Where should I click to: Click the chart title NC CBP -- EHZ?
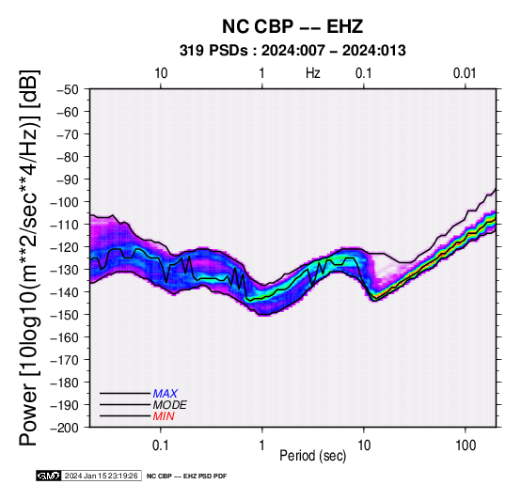point(292,26)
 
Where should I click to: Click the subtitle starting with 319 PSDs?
point(292,51)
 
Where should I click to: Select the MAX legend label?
point(165,394)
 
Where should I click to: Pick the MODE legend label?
point(169,405)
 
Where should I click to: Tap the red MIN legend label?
point(164,416)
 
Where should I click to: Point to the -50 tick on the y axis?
point(68,89)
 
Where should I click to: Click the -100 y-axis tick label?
point(65,202)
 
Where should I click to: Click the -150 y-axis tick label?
point(65,315)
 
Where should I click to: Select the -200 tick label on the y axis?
point(65,428)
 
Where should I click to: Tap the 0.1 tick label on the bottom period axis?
point(161,445)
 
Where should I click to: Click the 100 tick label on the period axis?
point(466,445)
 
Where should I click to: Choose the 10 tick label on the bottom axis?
point(364,445)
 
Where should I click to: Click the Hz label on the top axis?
point(313,73)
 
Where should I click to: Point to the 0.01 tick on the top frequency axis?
point(465,73)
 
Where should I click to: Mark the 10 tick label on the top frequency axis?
point(161,73)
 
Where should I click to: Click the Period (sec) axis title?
point(312,456)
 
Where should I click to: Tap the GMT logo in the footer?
point(49,476)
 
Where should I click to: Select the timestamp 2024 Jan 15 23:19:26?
point(101,476)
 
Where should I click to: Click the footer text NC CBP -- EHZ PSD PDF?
point(187,477)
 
